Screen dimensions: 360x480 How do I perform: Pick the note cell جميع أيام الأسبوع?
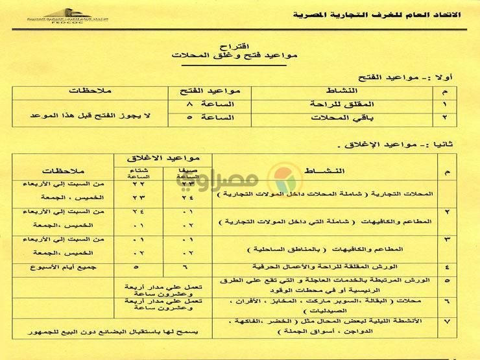pos(61,266)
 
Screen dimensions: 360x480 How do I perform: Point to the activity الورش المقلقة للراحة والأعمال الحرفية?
pos(331,267)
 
